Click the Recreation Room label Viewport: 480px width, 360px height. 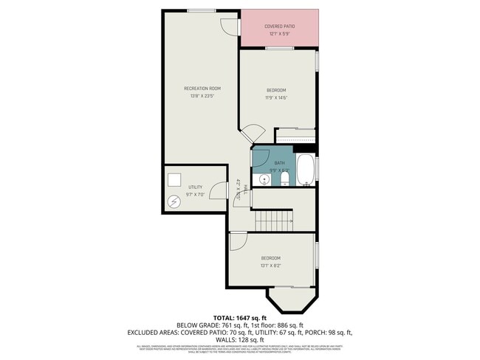pyautogui.click(x=202, y=89)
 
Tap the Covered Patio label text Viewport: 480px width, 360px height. pyautogui.click(x=279, y=27)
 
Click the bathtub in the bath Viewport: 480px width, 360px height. pyautogui.click(x=305, y=170)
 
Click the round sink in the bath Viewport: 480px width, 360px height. pyautogui.click(x=262, y=178)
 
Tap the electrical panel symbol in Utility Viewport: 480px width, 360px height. pyautogui.click(x=175, y=201)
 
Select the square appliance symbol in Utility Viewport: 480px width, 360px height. pyautogui.click(x=174, y=180)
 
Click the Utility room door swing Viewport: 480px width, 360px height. pyautogui.click(x=219, y=191)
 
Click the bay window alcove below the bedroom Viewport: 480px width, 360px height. pyautogui.click(x=292, y=300)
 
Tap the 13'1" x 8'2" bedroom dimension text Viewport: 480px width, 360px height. pyautogui.click(x=270, y=265)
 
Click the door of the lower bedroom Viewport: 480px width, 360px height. pyautogui.click(x=238, y=242)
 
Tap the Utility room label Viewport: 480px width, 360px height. pyautogui.click(x=195, y=187)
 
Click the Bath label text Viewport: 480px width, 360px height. pyautogui.click(x=279, y=163)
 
